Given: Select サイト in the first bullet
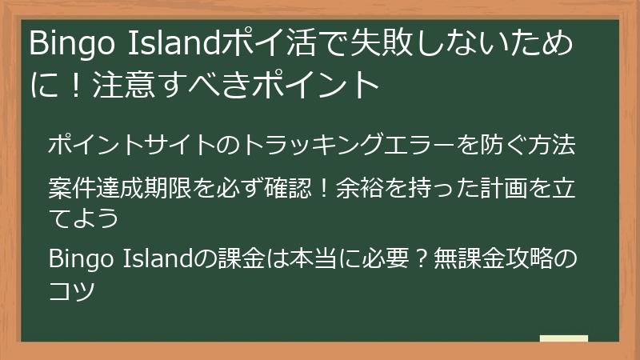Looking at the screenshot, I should click(x=174, y=146).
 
